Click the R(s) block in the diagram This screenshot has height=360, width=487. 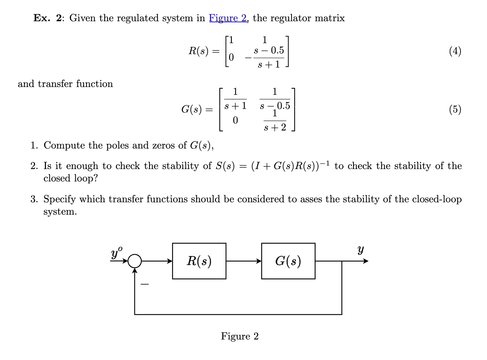click(x=199, y=261)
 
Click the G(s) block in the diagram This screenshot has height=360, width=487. click(x=288, y=261)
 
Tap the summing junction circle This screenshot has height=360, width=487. click(x=134, y=261)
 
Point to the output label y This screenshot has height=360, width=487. click(x=360, y=250)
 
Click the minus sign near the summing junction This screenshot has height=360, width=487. click(x=145, y=284)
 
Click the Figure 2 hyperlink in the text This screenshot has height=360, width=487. click(x=228, y=18)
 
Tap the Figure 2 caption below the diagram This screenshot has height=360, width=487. click(x=240, y=336)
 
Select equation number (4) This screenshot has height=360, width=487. click(x=455, y=51)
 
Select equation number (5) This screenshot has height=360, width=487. click(x=455, y=109)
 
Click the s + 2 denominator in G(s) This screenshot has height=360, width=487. click(x=275, y=127)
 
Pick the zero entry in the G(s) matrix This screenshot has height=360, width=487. click(x=235, y=121)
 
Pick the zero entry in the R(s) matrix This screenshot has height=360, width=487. click(x=231, y=57)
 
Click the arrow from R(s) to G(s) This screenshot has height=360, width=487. click(x=243, y=261)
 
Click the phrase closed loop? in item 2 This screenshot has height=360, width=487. click(x=70, y=178)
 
